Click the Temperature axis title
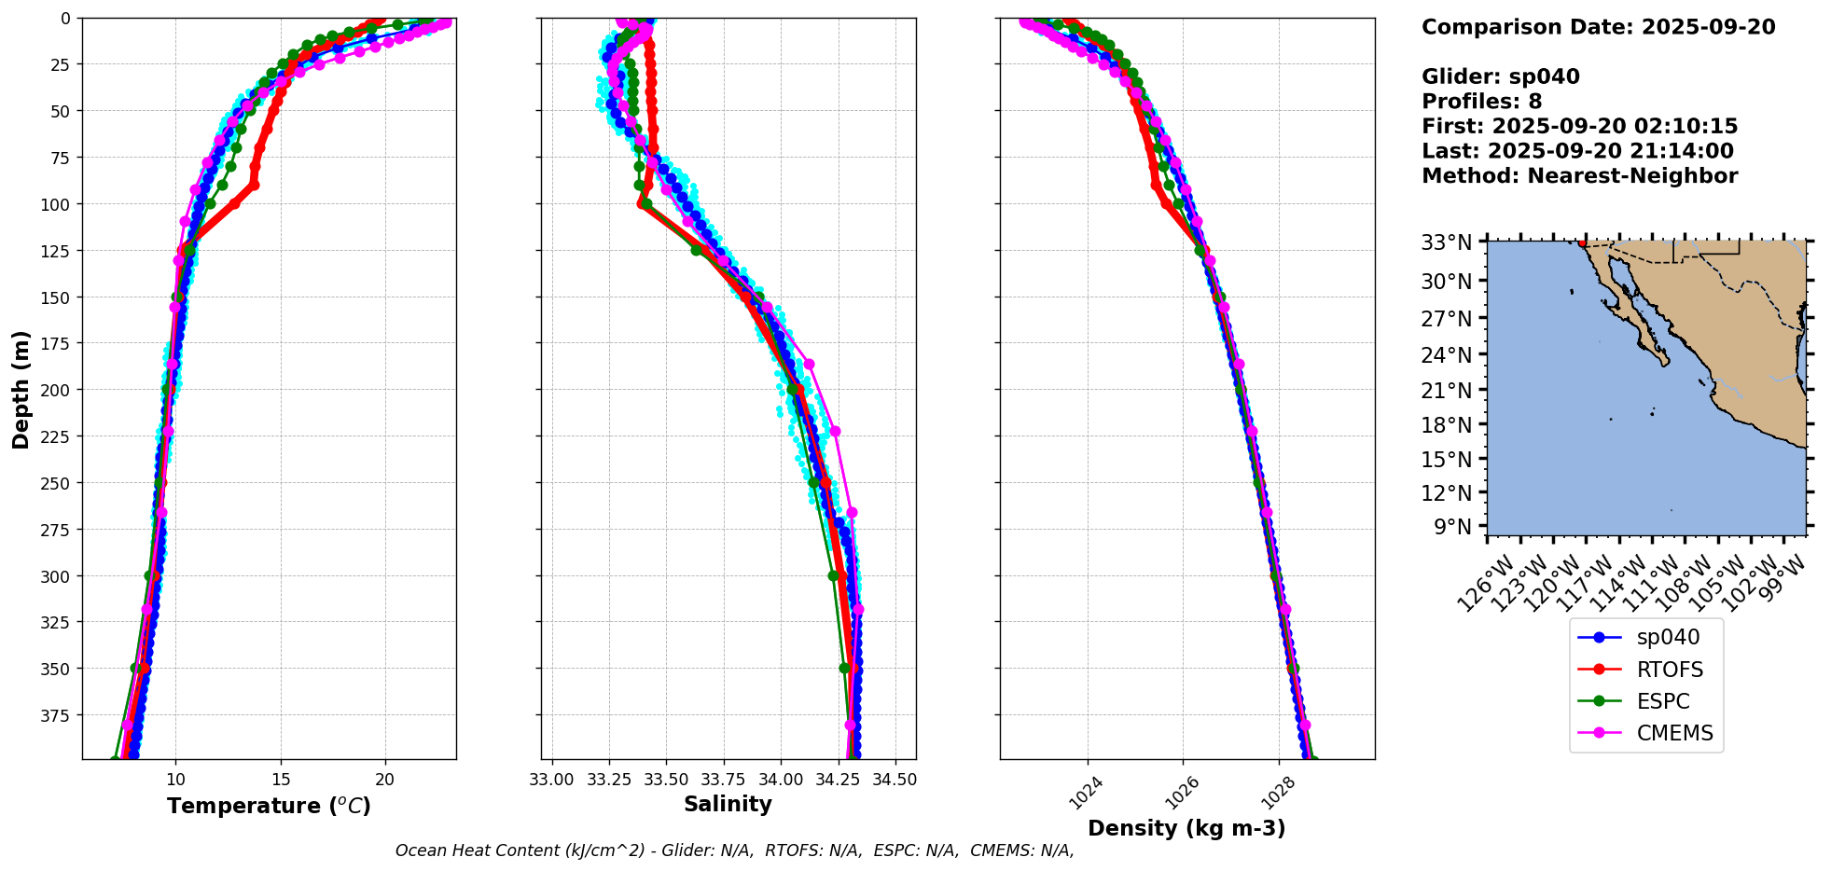(x=269, y=806)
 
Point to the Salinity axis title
(x=728, y=804)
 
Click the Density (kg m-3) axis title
(x=1186, y=828)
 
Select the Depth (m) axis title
(x=21, y=389)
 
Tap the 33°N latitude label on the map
(x=1446, y=242)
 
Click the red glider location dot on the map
(x=1582, y=243)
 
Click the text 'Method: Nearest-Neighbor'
(x=1579, y=176)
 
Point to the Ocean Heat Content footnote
(x=734, y=850)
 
